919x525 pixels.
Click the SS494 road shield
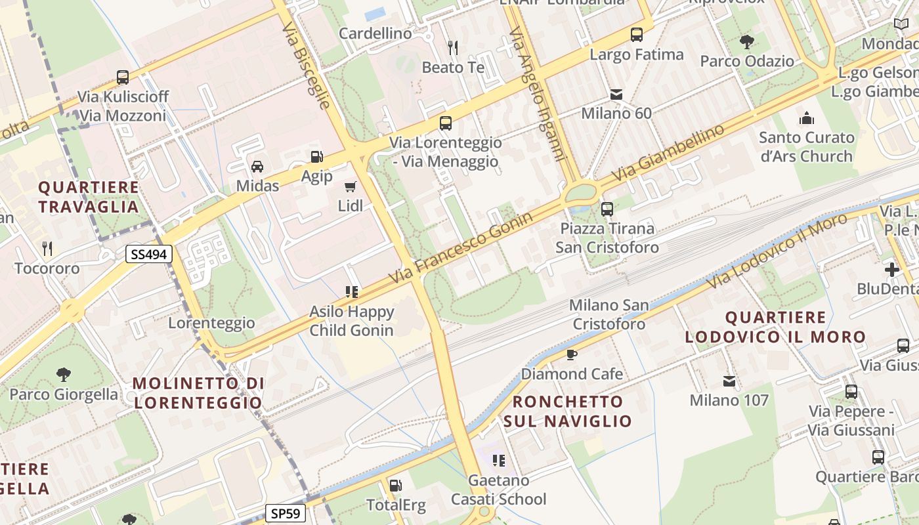[149, 254]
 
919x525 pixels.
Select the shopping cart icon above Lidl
[351, 187]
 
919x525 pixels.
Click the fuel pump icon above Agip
[316, 157]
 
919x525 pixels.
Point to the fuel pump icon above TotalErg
[395, 486]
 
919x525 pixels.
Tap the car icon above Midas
[257, 167]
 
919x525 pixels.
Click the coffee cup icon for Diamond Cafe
[571, 355]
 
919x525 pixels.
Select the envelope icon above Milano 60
[616, 94]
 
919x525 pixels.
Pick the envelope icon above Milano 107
[729, 381]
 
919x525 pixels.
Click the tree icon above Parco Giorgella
[64, 375]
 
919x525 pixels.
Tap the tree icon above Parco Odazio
[746, 43]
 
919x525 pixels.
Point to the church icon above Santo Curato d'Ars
[806, 119]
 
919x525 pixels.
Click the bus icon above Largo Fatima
[636, 35]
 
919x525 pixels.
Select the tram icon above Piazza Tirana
[607, 209]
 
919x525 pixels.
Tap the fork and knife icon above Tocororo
[47, 249]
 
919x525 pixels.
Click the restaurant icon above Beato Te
[452, 48]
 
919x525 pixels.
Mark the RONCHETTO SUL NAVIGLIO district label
[567, 411]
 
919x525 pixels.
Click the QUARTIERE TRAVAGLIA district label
[89, 197]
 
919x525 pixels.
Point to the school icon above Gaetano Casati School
[498, 461]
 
